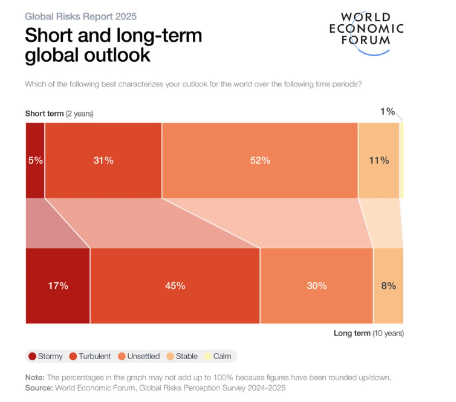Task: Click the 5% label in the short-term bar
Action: point(35,160)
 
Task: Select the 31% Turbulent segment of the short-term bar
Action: point(103,160)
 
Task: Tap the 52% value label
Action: point(261,160)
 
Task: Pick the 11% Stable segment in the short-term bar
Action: point(379,160)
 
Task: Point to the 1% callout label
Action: point(387,111)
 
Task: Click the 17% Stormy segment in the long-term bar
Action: point(58,285)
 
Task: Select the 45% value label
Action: point(175,285)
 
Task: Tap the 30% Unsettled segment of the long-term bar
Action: point(316,285)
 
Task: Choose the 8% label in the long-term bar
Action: point(388,285)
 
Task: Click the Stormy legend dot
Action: point(32,356)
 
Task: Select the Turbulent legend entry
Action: point(90,356)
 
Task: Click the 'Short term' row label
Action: point(59,113)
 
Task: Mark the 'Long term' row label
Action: point(369,333)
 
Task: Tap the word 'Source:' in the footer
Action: point(39,387)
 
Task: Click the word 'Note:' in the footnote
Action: point(35,377)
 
